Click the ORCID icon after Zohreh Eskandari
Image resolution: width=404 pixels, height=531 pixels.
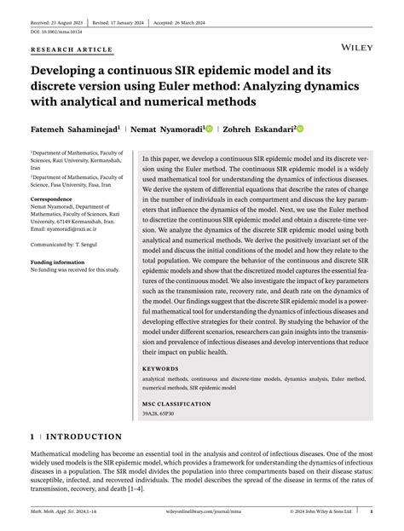pos(300,129)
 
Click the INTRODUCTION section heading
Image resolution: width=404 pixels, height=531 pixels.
pos(84,436)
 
